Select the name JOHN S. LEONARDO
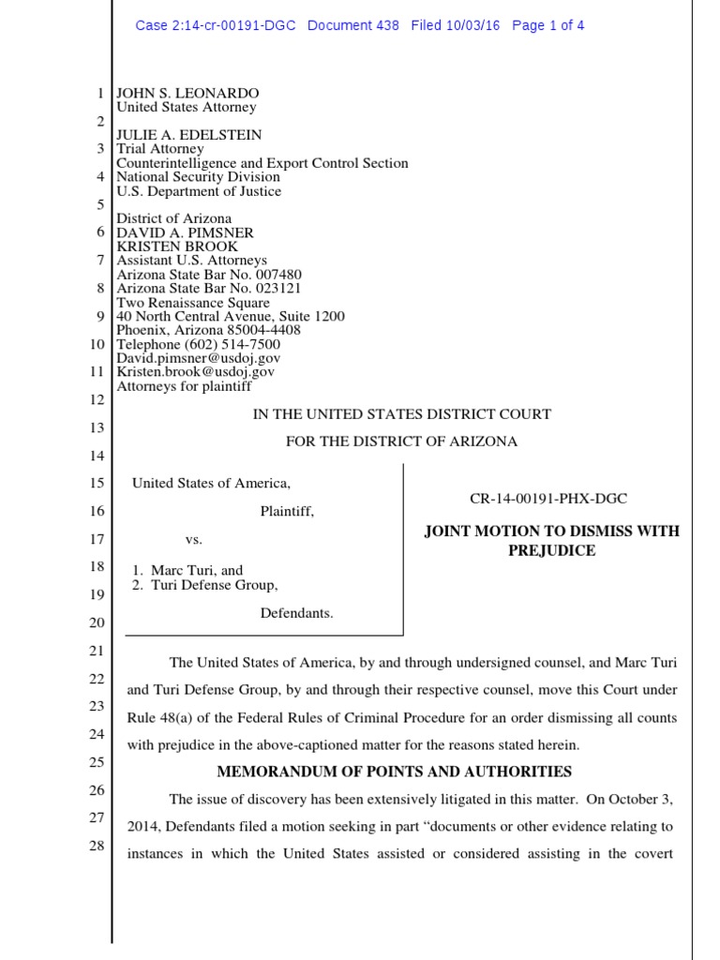[x=187, y=94]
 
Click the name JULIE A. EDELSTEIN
[x=188, y=135]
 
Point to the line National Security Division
[x=198, y=176]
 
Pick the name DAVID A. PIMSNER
[x=185, y=232]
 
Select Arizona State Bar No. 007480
[x=208, y=274]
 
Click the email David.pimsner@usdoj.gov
[x=198, y=358]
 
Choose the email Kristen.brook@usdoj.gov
[x=195, y=371]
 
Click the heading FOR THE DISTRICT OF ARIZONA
[x=401, y=442]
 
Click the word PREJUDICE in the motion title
[x=552, y=550]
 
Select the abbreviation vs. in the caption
[x=193, y=540]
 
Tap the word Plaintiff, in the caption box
[x=287, y=512]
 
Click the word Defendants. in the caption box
[x=296, y=613]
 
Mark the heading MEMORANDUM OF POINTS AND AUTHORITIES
[x=395, y=772]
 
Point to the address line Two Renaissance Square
[x=193, y=302]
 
